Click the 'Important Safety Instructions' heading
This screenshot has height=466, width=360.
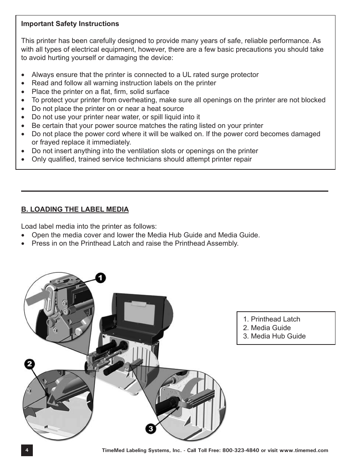click(70, 24)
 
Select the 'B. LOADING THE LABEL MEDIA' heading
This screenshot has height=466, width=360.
click(75, 209)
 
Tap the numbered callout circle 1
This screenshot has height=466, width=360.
click(100, 278)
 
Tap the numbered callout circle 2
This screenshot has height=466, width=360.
click(30, 364)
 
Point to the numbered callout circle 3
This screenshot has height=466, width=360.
click(151, 429)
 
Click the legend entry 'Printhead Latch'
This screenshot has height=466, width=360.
click(275, 319)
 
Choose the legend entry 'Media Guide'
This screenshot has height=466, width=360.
click(271, 328)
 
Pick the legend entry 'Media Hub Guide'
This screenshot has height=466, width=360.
click(278, 336)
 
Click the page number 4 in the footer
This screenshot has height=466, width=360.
click(27, 451)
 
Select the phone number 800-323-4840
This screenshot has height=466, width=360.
click(241, 451)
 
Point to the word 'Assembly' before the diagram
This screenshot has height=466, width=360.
click(222, 243)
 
